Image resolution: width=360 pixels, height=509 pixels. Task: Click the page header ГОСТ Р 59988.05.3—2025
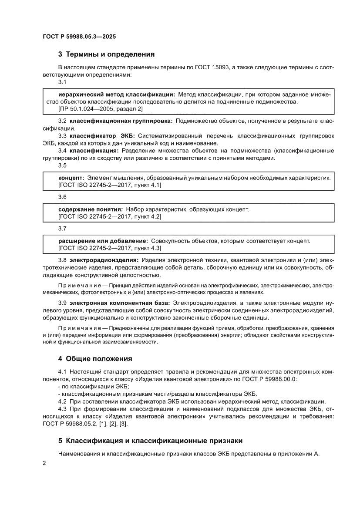(79, 37)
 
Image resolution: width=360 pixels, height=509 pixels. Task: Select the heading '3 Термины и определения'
(107, 55)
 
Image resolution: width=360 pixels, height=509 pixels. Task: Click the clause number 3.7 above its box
(62, 228)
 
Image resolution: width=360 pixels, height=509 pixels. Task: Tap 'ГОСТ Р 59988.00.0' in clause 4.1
(268, 379)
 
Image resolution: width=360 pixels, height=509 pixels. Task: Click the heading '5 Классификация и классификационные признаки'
(150, 441)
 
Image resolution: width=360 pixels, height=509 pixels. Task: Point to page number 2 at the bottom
(45, 464)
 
